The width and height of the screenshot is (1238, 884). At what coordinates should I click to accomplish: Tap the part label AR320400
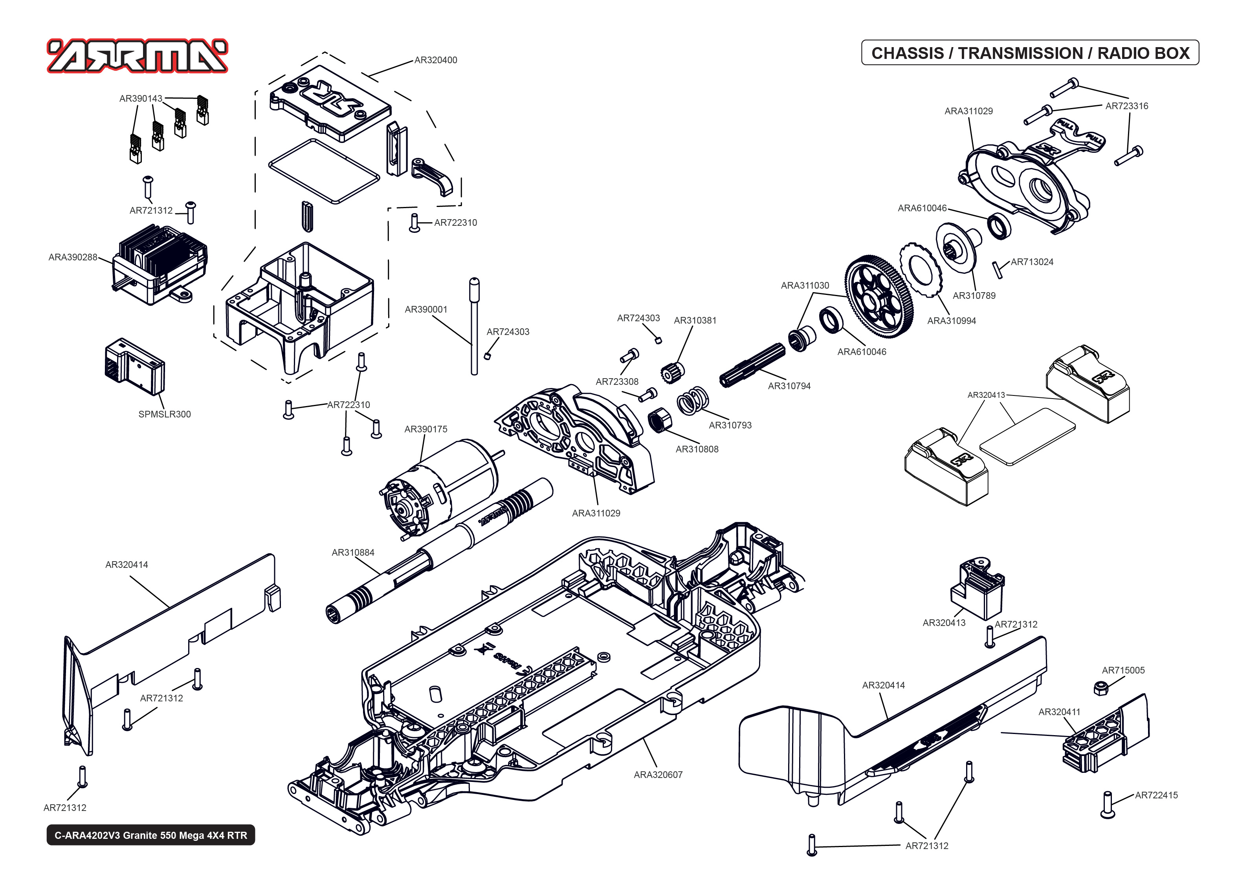tap(436, 60)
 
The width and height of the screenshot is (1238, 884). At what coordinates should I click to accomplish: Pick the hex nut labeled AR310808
tap(659, 420)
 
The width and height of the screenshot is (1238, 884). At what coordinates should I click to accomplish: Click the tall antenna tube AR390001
tap(474, 327)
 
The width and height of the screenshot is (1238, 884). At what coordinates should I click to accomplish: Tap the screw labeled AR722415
tap(1107, 805)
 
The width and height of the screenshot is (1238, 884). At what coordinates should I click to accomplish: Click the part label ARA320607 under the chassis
tap(658, 774)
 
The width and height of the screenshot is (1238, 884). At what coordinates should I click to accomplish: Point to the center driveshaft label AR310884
tap(353, 553)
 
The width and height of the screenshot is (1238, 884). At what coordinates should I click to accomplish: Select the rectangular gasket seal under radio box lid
tap(323, 171)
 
